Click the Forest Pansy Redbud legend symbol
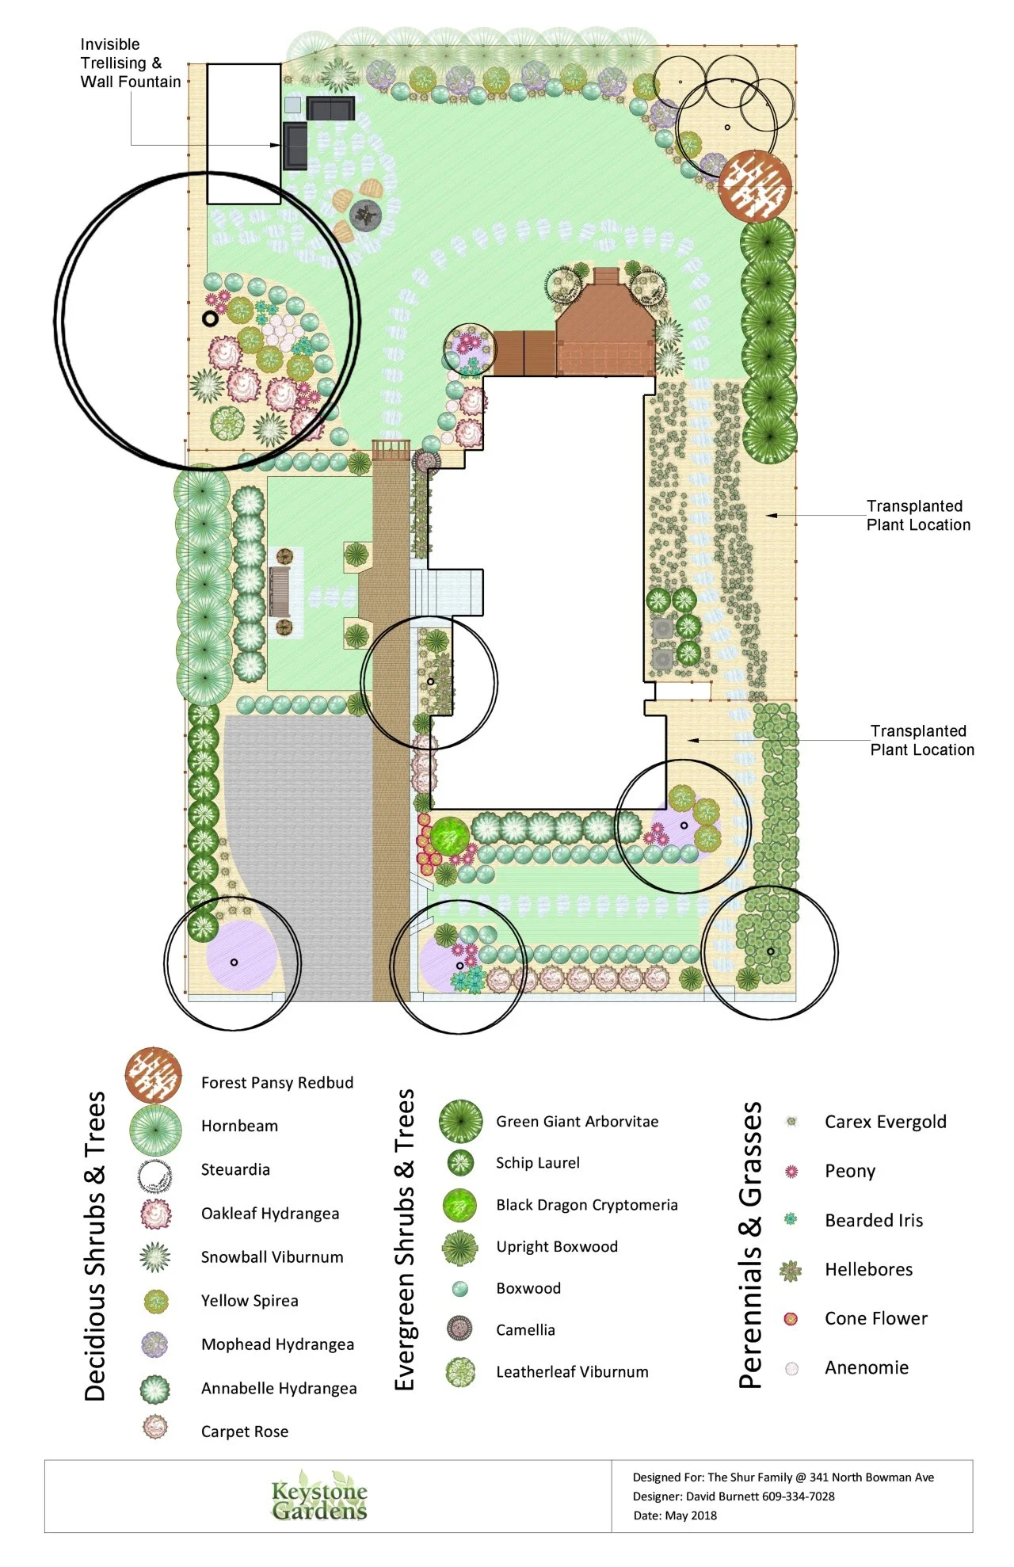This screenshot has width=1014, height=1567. pos(154,1075)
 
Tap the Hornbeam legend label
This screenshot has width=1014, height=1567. pos(239,1126)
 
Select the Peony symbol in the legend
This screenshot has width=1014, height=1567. pos(791,1171)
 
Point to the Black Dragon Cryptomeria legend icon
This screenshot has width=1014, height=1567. pos(460,1205)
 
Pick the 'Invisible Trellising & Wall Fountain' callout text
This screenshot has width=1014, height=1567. pos(131,63)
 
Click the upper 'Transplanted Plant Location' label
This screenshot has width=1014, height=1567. pos(918,515)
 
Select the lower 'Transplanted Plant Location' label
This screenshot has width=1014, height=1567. pos(922,740)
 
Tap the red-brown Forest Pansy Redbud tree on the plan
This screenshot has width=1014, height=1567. pos(756,186)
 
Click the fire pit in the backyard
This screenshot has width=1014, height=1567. pos(366,215)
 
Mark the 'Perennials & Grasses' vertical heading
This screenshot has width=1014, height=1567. pos(750,1245)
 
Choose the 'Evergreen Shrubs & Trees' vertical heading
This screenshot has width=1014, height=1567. pos(405,1240)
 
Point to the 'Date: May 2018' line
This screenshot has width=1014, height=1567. pos(675,1516)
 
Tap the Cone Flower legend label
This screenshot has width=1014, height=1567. pos(876,1318)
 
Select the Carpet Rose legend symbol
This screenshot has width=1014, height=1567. pos(155,1427)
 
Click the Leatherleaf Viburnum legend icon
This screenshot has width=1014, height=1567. pos(460,1372)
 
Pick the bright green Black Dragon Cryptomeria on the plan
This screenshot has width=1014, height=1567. pos(450,837)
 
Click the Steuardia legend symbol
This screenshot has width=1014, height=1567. pos(154,1176)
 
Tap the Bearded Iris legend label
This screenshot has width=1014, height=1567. pos(874,1220)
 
